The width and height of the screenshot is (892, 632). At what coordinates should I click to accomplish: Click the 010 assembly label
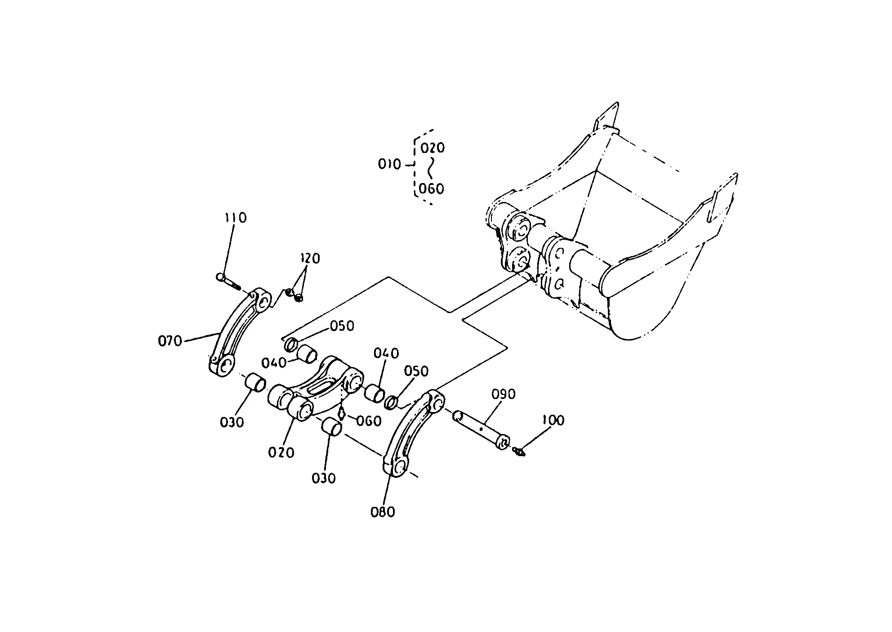389,165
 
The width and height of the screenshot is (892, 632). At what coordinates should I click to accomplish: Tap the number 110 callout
236,218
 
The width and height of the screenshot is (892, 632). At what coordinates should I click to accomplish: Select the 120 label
310,259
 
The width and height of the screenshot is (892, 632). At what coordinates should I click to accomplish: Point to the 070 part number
170,341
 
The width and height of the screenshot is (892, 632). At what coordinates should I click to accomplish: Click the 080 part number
383,512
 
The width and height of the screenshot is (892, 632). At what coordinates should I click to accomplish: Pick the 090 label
504,394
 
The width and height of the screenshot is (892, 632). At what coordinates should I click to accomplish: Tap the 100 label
553,421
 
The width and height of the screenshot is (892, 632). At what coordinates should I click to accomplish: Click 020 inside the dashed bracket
433,148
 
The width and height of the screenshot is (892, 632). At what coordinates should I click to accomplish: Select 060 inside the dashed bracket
432,188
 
